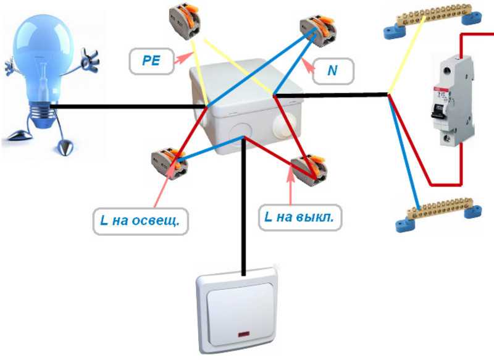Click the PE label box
click(x=151, y=61)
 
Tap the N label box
click(x=333, y=71)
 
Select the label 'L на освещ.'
click(x=141, y=221)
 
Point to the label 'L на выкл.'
click(x=300, y=217)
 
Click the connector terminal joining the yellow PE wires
click(x=185, y=22)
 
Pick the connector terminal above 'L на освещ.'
click(x=169, y=163)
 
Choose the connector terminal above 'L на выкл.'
click(x=309, y=170)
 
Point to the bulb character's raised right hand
click(x=89, y=61)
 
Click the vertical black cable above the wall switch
click(x=243, y=206)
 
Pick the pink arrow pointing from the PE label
click(x=183, y=58)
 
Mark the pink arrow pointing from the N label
click(x=308, y=65)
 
